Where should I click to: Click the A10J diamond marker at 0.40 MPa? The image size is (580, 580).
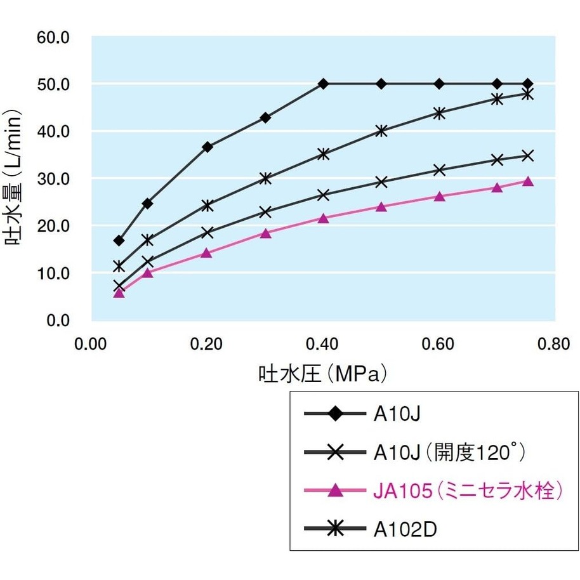[x=323, y=84]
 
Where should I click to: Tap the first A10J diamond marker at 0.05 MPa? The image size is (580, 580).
[x=119, y=241]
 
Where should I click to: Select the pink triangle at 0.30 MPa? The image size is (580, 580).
[x=265, y=233]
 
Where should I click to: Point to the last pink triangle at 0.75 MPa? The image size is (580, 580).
[x=527, y=181]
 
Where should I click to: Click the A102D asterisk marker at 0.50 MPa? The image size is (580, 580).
[x=381, y=131]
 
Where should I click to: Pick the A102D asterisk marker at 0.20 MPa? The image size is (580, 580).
[x=207, y=205]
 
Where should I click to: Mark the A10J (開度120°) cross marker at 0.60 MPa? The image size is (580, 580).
[x=439, y=169]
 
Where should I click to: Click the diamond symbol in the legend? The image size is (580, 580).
[x=336, y=414]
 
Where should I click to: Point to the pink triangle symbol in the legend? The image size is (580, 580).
[x=336, y=491]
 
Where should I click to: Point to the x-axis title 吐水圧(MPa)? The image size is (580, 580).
[x=322, y=373]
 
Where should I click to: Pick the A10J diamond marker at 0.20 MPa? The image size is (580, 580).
[x=207, y=147]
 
